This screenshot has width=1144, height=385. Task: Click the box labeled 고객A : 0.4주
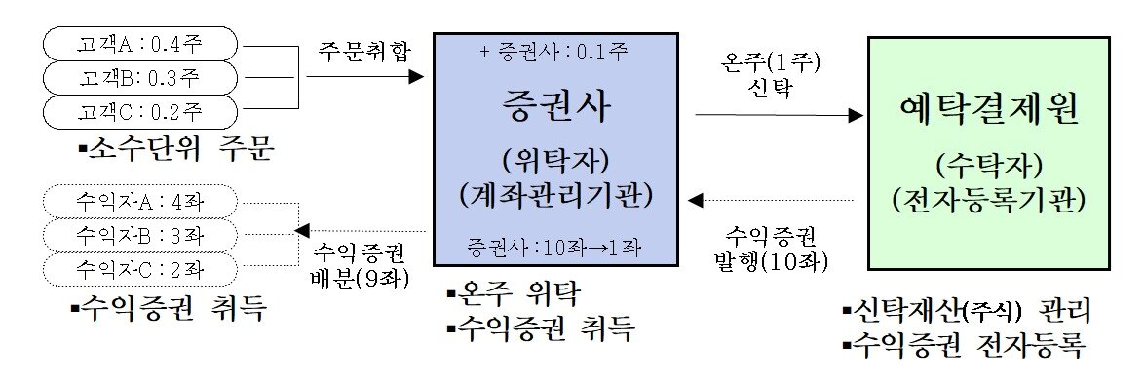pyautogui.click(x=139, y=44)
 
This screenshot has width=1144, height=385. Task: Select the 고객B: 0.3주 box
pyautogui.click(x=139, y=76)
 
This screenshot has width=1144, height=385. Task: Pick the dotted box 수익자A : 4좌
pyautogui.click(x=139, y=203)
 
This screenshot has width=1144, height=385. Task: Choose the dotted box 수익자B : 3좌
pyautogui.click(x=139, y=235)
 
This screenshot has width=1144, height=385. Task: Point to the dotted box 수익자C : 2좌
pyautogui.click(x=139, y=266)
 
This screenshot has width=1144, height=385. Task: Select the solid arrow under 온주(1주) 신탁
pyautogui.click(x=780, y=115)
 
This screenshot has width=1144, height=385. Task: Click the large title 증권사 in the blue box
pyautogui.click(x=556, y=108)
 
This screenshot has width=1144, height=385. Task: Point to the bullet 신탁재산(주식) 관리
pyautogui.click(x=965, y=313)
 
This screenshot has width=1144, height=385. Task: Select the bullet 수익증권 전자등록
pyautogui.click(x=965, y=344)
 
